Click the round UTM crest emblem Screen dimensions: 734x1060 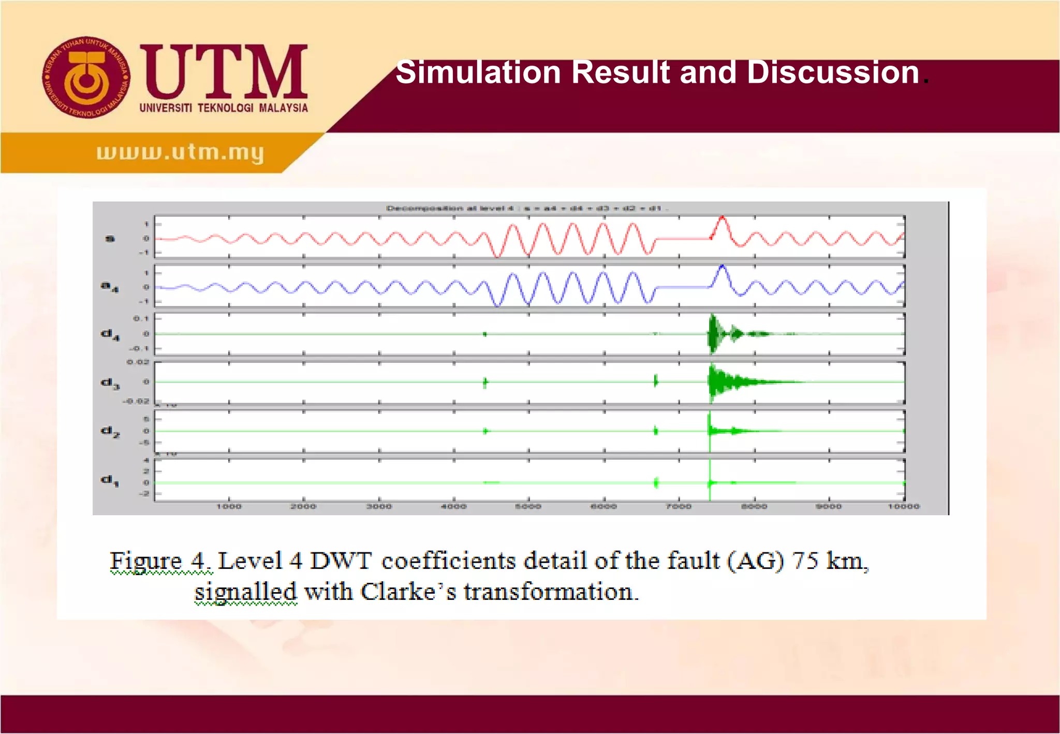pyautogui.click(x=86, y=77)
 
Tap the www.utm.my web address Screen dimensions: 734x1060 pyautogui.click(x=180, y=152)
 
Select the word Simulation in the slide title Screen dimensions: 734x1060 pyautogui.click(x=478, y=72)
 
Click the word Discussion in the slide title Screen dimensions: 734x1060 pyautogui.click(x=833, y=72)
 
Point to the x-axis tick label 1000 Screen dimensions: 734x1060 pyautogui.click(x=229, y=506)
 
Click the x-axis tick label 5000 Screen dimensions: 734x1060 pyautogui.click(x=528, y=506)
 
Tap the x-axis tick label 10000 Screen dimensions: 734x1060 pyautogui.click(x=904, y=506)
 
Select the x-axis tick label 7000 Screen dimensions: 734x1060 pyautogui.click(x=679, y=506)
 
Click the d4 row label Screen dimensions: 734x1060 pyautogui.click(x=110, y=334)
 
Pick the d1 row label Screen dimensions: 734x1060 pyautogui.click(x=109, y=480)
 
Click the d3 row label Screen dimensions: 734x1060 pyautogui.click(x=110, y=383)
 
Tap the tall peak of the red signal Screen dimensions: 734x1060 pyautogui.click(x=722, y=218)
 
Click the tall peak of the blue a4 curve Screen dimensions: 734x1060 pyautogui.click(x=722, y=267)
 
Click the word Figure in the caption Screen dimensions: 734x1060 pyautogui.click(x=145, y=561)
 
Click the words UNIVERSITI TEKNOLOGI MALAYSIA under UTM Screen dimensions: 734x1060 pyautogui.click(x=224, y=108)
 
